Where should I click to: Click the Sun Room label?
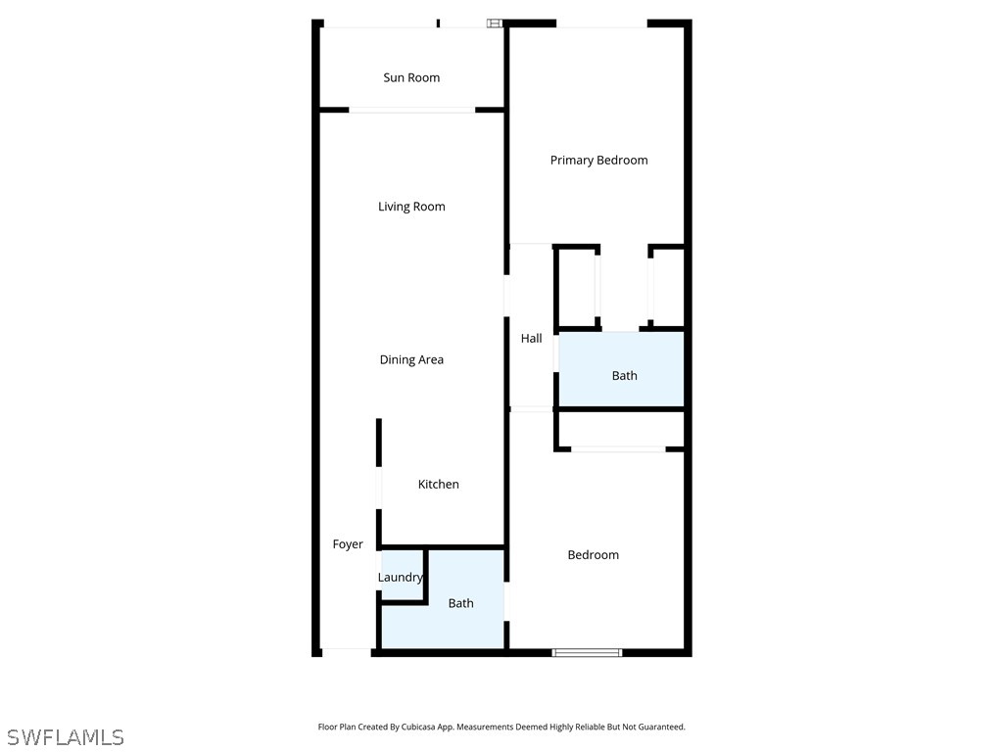point(411,77)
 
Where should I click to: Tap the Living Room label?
point(411,207)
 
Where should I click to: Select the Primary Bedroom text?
point(598,161)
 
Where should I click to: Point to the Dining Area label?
point(411,359)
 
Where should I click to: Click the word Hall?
point(531,339)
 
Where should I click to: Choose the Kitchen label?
point(438,485)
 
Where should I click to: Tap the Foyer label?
point(348,544)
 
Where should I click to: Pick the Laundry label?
point(400,578)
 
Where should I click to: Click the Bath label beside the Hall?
point(624,376)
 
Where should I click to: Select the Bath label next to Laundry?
point(460,603)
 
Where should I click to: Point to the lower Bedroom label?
point(593,555)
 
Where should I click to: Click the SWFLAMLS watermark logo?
point(65,736)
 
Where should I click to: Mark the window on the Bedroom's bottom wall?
point(587,652)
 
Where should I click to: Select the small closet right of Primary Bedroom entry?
point(668,286)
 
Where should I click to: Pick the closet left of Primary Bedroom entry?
point(576,286)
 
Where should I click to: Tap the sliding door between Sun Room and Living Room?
point(412,111)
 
